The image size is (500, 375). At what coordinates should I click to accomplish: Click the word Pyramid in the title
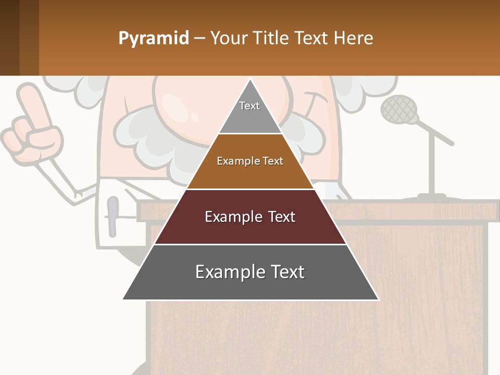[x=153, y=39]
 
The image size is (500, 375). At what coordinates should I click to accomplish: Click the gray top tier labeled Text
[x=250, y=112]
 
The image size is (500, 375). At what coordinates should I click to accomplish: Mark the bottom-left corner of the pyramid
[x=124, y=299]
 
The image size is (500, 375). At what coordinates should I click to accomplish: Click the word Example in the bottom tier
[x=225, y=272]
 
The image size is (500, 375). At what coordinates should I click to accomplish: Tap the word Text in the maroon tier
[x=280, y=217]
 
